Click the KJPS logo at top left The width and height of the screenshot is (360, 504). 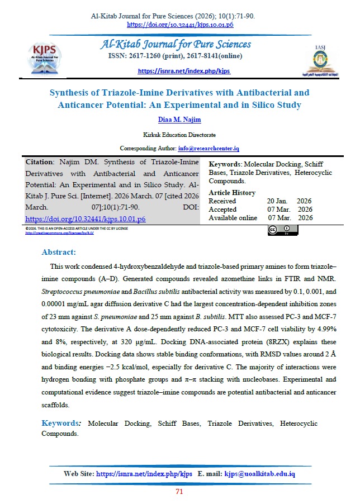tap(46, 55)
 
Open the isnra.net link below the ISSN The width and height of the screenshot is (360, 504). tap(184, 72)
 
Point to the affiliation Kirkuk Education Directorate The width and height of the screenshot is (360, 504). tap(179, 135)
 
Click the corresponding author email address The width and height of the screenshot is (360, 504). tap(209, 148)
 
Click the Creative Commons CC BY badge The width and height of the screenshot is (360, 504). tap(280, 230)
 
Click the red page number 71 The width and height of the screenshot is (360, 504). tap(179, 492)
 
